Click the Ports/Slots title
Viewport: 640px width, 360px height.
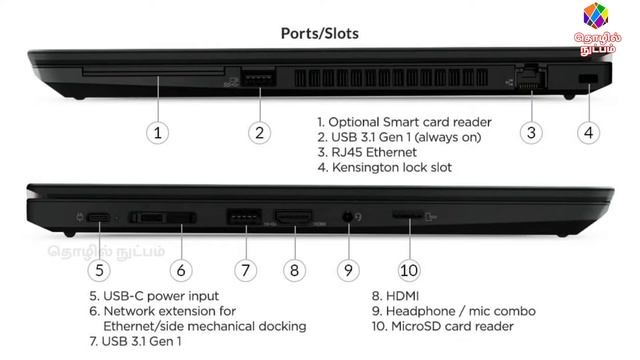coord(320,33)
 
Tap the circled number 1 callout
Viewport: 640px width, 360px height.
coord(158,133)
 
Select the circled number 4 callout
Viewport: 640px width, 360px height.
coord(589,133)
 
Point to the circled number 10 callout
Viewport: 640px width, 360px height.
coord(409,270)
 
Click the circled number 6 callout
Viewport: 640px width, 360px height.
coord(181,270)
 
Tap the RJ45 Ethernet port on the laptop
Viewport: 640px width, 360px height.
coord(531,76)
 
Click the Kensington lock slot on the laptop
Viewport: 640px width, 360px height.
coord(588,78)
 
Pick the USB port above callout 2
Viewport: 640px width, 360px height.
coord(259,77)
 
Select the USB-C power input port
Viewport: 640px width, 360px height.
coord(98,218)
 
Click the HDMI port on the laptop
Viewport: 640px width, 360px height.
coord(294,217)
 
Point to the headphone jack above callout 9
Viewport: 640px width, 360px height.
coord(348,216)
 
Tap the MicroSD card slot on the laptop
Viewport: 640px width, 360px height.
coord(407,215)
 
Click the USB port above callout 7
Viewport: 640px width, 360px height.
coord(244,217)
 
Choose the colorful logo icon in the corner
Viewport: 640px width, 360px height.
coord(596,16)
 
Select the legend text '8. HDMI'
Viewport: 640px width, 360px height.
coord(395,296)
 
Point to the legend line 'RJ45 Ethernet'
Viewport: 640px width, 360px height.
coord(374,152)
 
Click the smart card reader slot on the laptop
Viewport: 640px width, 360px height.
coord(153,72)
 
